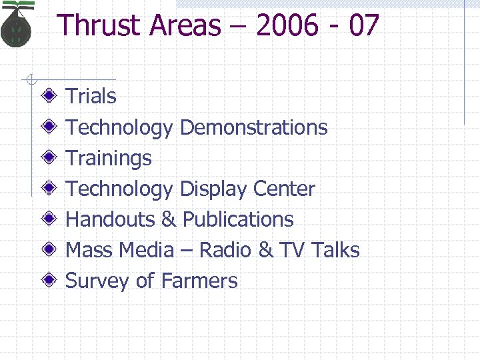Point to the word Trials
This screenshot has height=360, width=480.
click(91, 97)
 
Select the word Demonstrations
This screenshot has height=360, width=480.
click(254, 127)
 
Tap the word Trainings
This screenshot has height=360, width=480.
click(109, 158)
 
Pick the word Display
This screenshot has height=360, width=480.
click(214, 189)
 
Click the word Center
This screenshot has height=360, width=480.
click(284, 189)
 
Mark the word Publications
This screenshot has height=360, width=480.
click(238, 219)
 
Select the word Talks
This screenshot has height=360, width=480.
click(335, 250)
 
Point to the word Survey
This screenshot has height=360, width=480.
click(97, 281)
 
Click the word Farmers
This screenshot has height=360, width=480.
click(199, 281)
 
